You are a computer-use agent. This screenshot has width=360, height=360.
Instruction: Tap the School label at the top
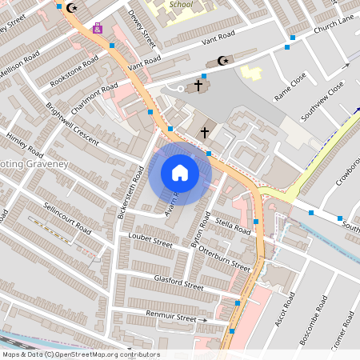tap(181, 4)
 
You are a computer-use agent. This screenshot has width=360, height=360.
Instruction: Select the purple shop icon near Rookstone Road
tap(98, 28)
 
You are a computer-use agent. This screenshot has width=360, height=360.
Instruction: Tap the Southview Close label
tap(322, 100)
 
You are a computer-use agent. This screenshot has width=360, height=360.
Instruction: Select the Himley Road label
tap(24, 142)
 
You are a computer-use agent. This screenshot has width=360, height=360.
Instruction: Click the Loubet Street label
tap(150, 241)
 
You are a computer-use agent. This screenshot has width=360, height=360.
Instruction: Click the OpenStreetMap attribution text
tap(80, 354)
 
